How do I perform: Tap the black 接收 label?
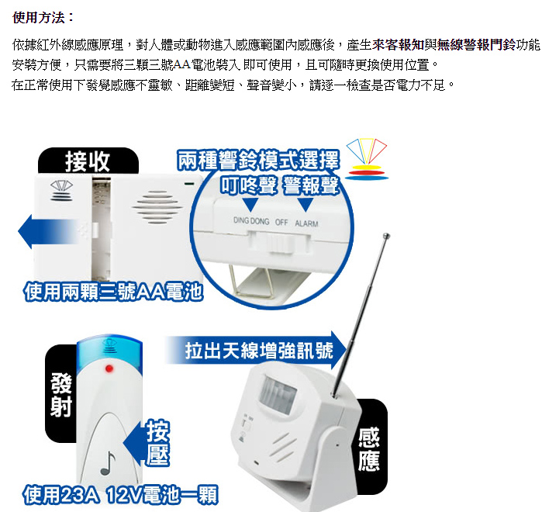(x=88, y=161)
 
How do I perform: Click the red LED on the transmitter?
(x=109, y=368)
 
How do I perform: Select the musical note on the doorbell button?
(x=108, y=463)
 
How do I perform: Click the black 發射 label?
(x=60, y=394)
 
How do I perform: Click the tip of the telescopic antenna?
(x=386, y=236)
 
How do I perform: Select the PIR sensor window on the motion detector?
(x=278, y=394)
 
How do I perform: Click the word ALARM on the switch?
(x=306, y=223)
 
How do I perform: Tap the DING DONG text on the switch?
(x=251, y=221)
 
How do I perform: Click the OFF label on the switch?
(x=281, y=223)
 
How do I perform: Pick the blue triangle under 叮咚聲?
(x=250, y=204)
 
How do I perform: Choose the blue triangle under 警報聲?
(x=306, y=204)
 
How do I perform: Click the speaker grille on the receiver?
(x=157, y=207)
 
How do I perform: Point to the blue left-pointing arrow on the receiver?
(x=48, y=232)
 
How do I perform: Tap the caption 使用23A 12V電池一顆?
(x=120, y=495)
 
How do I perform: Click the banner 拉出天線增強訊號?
(x=257, y=350)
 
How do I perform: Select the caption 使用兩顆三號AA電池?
(x=113, y=292)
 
